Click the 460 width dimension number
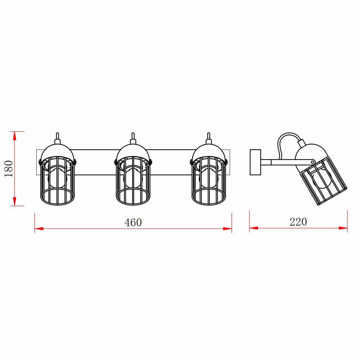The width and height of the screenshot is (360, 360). [x=133, y=223]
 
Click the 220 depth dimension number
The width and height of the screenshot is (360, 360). [x=298, y=222]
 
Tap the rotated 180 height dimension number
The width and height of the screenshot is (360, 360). [x=8, y=168]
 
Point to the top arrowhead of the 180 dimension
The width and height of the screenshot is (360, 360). [x=14, y=136]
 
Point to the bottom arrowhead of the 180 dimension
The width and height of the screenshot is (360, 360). [x=14, y=201]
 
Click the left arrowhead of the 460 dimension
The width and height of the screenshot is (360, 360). [x=39, y=229]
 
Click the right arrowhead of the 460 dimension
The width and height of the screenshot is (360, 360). [x=228, y=229]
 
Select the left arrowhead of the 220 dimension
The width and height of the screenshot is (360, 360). [x=254, y=228]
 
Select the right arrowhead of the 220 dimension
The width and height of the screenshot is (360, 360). [x=343, y=228]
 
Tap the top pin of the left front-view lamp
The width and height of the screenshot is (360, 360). [x=57, y=136]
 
